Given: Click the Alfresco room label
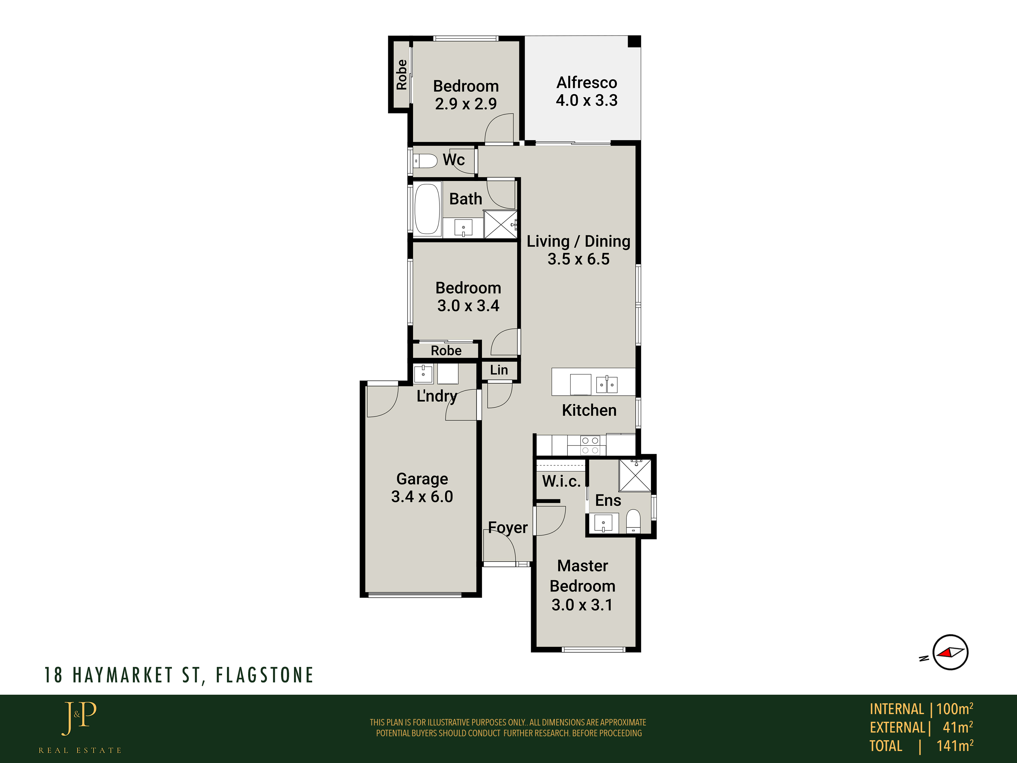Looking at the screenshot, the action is coord(587,83).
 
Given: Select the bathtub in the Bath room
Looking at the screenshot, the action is coord(427,209).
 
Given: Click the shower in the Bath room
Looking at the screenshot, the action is coord(501,224).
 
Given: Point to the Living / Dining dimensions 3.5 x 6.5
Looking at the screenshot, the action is coord(578,259).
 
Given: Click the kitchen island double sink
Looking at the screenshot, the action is coord(607,385).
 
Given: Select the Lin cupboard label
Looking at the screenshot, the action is coord(499,370).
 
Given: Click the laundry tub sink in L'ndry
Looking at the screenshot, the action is coord(423,374).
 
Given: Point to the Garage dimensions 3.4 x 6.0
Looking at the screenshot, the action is coord(422,497).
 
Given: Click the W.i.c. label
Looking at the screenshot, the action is coord(561,481).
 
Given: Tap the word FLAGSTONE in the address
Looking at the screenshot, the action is coord(264,675).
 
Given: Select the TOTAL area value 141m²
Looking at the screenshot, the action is coord(955,745).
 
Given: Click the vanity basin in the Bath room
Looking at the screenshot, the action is coord(463,228).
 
